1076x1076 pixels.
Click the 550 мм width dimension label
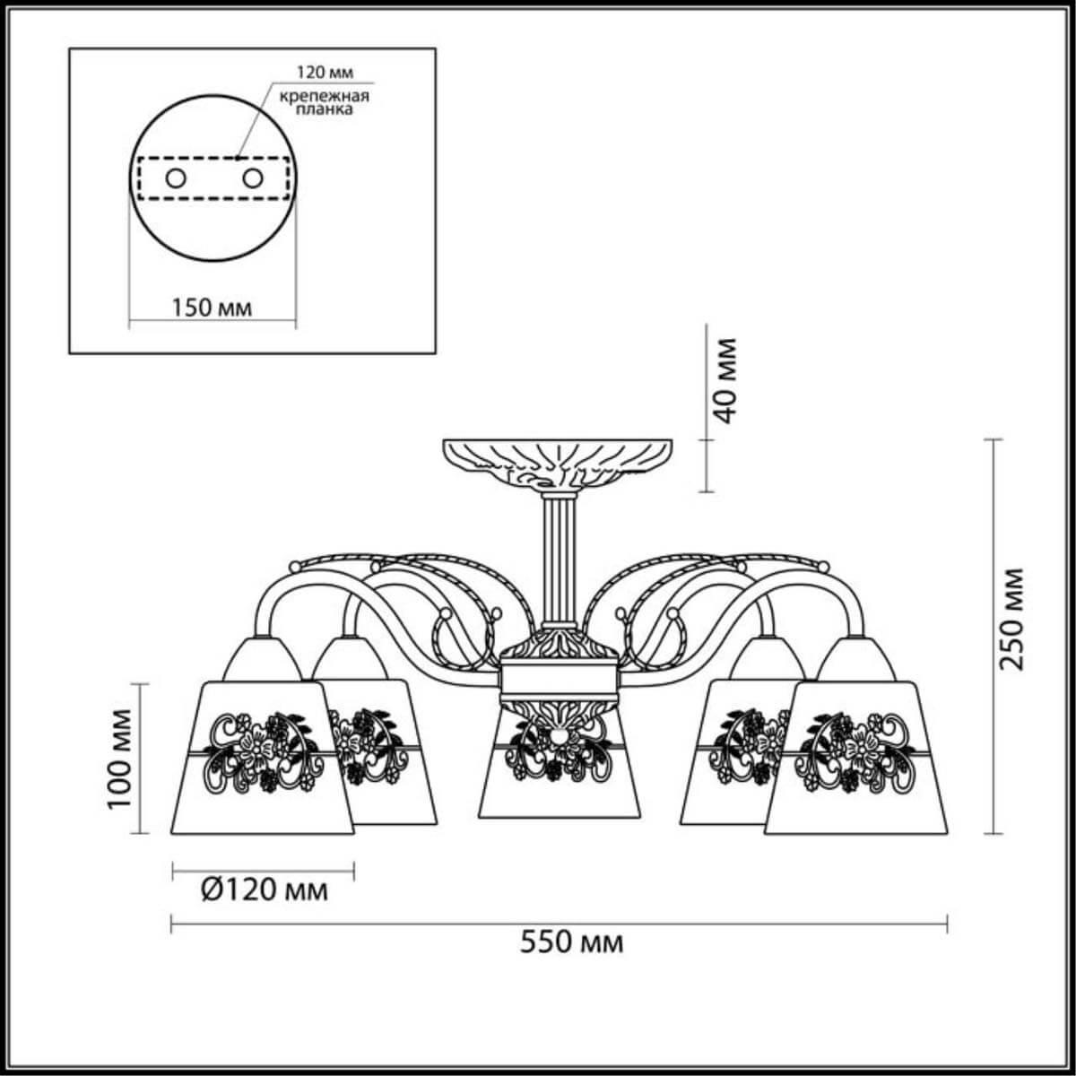click(572, 942)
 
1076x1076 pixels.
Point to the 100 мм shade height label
click(119, 758)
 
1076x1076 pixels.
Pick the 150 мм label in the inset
click(212, 308)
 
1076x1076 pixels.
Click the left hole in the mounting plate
click(176, 178)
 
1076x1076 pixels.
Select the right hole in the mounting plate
click(252, 178)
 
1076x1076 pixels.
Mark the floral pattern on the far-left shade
click(260, 751)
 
